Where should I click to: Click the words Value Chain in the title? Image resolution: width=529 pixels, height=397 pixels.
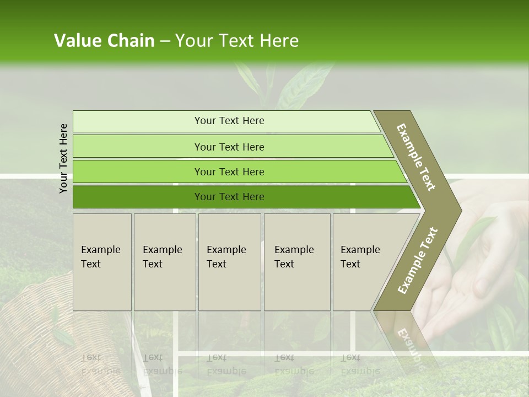tap(104, 41)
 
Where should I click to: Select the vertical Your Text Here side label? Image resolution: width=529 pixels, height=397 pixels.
tap(63, 159)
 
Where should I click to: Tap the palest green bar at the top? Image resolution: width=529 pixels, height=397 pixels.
tap(226, 121)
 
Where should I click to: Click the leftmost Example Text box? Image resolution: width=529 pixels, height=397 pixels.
tap(102, 262)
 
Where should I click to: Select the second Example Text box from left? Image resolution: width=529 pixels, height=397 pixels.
tap(165, 262)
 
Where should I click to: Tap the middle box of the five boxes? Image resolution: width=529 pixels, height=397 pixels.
tap(229, 262)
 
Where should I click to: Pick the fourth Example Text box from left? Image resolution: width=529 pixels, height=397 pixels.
tap(297, 262)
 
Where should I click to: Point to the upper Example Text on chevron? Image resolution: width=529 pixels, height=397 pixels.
tap(416, 157)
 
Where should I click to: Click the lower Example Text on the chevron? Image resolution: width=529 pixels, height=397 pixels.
tap(418, 260)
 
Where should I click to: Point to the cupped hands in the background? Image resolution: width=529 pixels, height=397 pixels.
tap(474, 276)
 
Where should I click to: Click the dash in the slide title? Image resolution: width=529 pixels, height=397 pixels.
tap(165, 41)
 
